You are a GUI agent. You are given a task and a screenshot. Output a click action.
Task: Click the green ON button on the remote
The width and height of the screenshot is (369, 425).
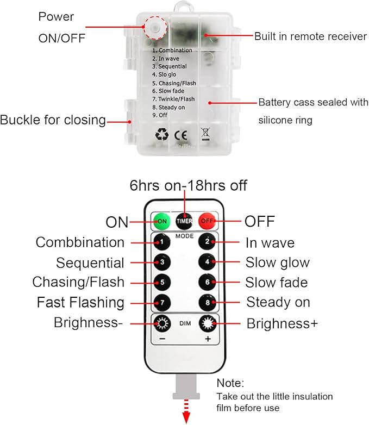160,221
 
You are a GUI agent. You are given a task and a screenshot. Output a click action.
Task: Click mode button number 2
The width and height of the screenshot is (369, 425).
208,242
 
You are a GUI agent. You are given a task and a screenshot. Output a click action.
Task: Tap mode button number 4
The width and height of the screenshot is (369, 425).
208,262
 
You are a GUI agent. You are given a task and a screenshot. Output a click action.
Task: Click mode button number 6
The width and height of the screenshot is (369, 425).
208,282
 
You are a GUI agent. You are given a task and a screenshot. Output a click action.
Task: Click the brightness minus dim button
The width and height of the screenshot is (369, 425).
160,323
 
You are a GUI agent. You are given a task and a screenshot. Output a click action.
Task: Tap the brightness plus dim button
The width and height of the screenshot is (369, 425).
208,323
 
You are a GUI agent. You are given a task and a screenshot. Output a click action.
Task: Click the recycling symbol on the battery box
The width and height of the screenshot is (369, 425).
162,133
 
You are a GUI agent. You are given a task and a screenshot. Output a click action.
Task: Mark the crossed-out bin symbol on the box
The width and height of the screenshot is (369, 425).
205,133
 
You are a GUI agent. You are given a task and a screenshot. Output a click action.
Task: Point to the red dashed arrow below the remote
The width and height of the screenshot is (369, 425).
186,414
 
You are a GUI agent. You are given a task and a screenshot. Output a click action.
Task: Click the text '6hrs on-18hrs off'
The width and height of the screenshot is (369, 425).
189,186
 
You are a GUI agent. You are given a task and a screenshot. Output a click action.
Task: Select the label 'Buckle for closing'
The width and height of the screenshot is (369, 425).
53,120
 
